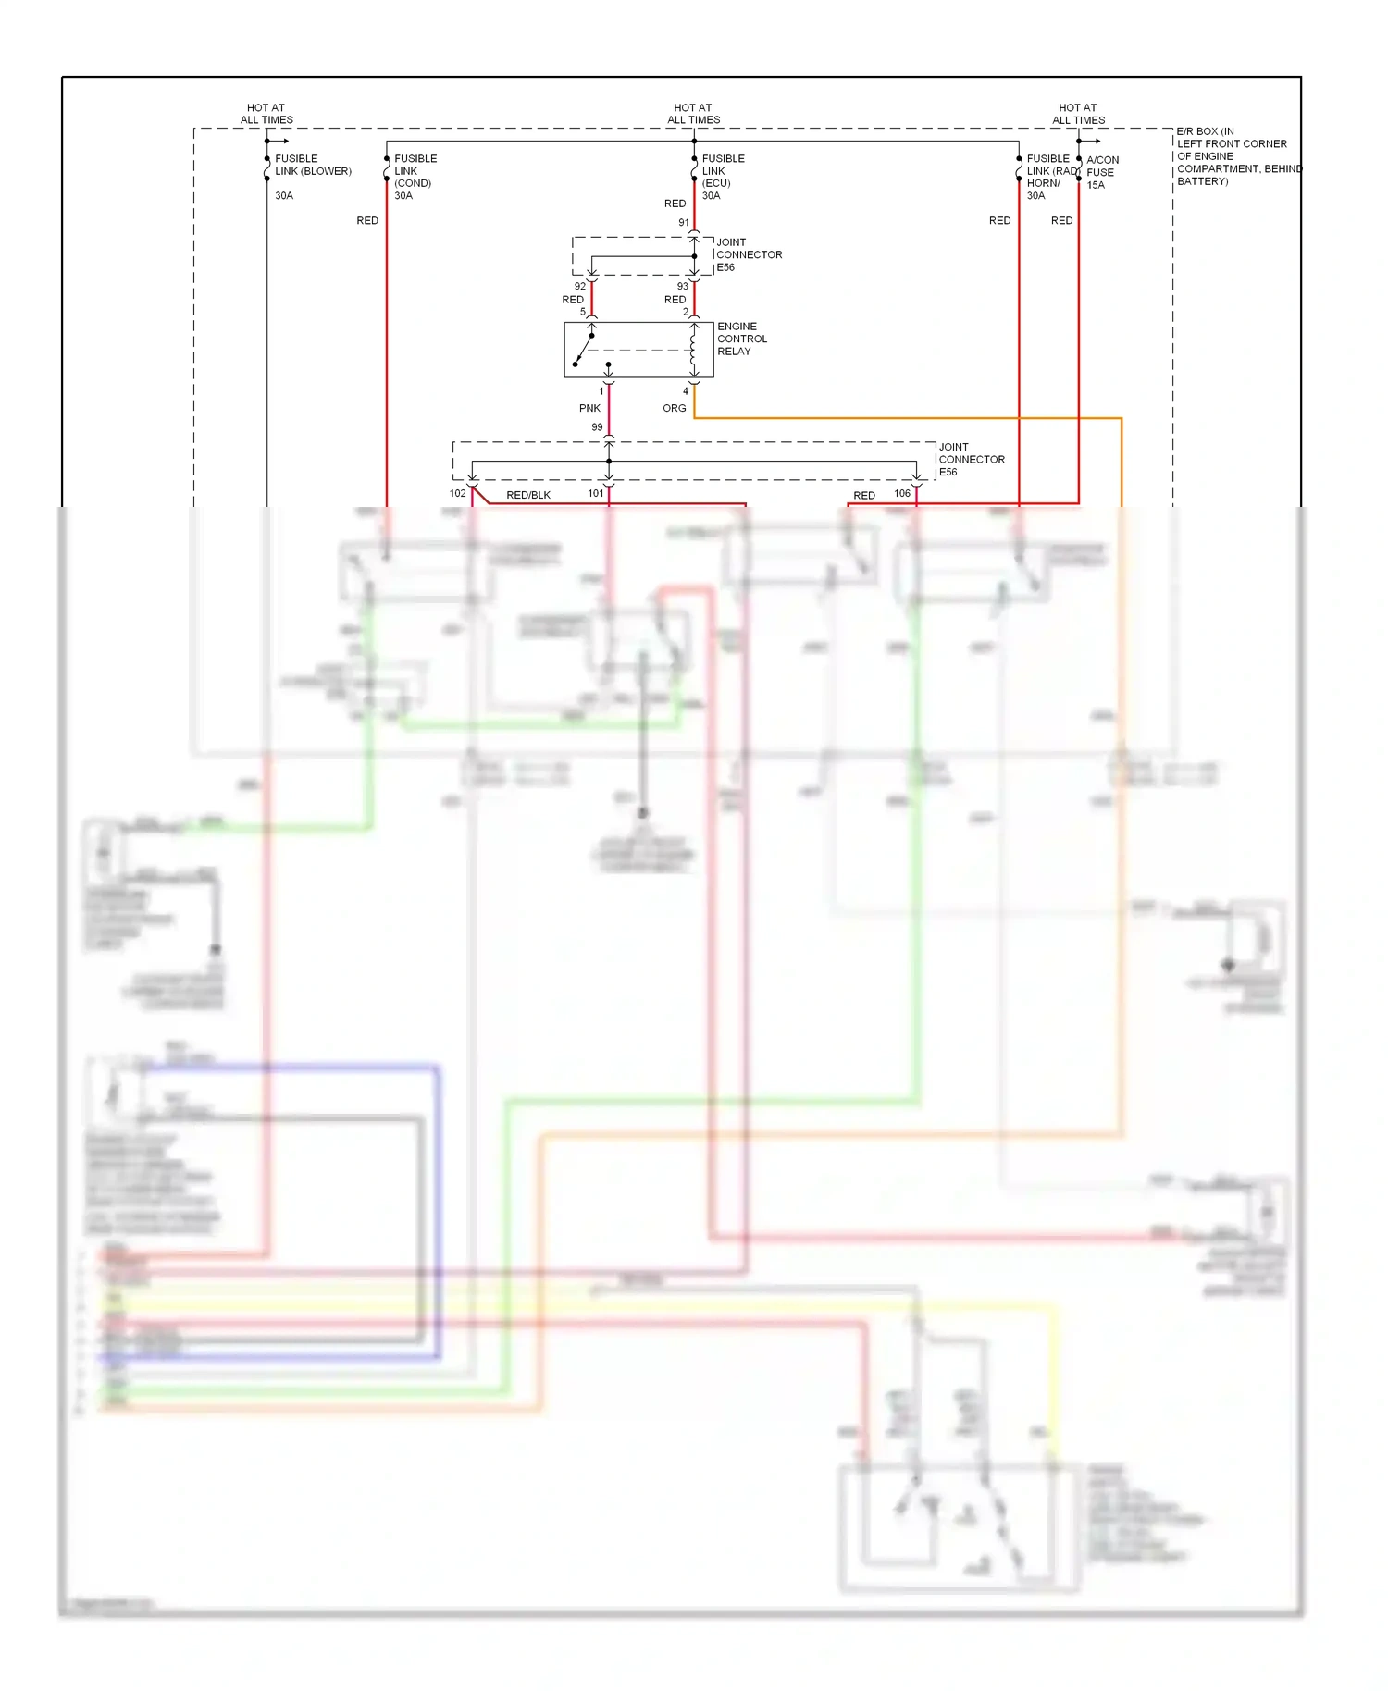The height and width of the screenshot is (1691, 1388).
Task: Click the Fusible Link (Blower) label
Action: (313, 165)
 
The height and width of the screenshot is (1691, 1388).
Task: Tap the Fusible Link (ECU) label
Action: (723, 171)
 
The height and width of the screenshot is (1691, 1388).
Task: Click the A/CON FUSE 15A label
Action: (1101, 172)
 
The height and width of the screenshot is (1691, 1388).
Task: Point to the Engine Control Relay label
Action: (741, 339)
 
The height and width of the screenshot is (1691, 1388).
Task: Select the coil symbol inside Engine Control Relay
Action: (692, 351)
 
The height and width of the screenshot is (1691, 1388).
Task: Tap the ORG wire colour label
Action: (674, 408)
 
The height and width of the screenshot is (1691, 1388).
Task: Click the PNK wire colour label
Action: (589, 408)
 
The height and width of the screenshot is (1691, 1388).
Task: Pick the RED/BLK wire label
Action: (528, 495)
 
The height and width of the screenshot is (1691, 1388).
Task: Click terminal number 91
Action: (684, 222)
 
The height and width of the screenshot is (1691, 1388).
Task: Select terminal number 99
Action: (597, 427)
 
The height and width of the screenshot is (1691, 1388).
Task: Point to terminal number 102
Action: (457, 493)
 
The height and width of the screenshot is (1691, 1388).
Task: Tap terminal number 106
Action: (902, 493)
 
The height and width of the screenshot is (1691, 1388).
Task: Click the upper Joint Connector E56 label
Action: (748, 254)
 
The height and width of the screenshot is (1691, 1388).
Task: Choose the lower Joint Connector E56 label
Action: (971, 459)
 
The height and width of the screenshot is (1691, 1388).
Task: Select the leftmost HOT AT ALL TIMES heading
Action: (266, 114)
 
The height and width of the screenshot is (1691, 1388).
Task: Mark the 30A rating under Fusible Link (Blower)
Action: (284, 195)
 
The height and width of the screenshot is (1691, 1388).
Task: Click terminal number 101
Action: (595, 493)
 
